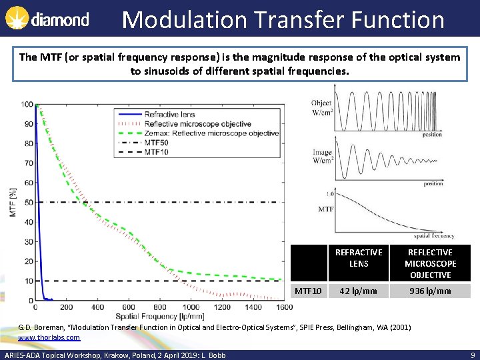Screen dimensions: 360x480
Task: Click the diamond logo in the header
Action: click(47, 19)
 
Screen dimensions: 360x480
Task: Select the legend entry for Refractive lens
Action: click(170, 114)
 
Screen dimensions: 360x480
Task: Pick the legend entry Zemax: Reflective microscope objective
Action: click(211, 133)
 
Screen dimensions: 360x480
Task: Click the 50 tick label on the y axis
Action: click(29, 202)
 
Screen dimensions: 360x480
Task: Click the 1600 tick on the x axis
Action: click(283, 307)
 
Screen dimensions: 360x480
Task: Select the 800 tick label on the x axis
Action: click(160, 307)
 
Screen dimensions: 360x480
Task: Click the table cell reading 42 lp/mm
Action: click(359, 291)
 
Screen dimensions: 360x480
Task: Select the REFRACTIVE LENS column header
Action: click(359, 258)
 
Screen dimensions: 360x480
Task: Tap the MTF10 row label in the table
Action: click(308, 291)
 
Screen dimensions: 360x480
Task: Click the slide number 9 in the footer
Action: click(472, 355)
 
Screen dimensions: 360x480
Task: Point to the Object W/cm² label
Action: click(321, 107)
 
